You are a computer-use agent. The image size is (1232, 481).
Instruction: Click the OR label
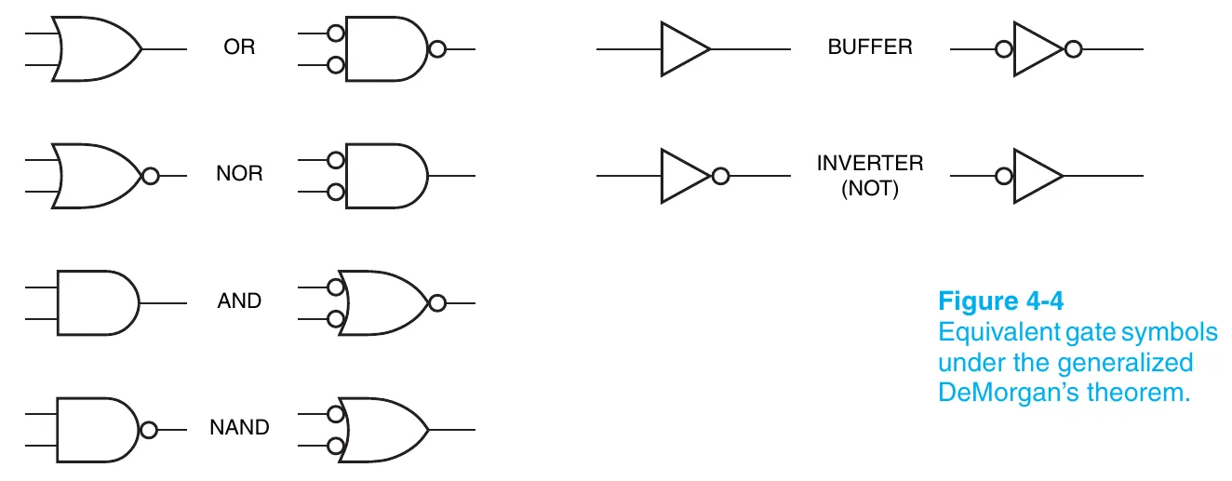tap(239, 47)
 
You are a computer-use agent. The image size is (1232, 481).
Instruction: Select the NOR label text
tap(239, 174)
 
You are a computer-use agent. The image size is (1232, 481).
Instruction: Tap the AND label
tap(239, 301)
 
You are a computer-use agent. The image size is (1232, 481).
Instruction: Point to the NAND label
tap(239, 428)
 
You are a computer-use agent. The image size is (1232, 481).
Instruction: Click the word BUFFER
tap(870, 47)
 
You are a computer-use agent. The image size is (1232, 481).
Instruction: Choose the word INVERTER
tap(870, 163)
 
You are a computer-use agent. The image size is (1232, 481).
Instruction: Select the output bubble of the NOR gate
tap(149, 175)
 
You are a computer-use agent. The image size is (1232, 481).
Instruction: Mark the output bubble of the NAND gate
tap(148, 430)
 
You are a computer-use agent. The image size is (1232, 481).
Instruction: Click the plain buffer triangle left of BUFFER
tap(685, 48)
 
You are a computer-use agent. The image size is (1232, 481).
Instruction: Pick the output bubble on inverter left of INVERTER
tap(718, 175)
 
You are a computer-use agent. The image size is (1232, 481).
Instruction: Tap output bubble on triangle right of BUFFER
tap(1073, 48)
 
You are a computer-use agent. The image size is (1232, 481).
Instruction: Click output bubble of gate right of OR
tap(436, 48)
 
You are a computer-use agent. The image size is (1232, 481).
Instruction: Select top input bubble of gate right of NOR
tap(336, 160)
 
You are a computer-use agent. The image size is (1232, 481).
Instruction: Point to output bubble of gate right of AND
tap(436, 302)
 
